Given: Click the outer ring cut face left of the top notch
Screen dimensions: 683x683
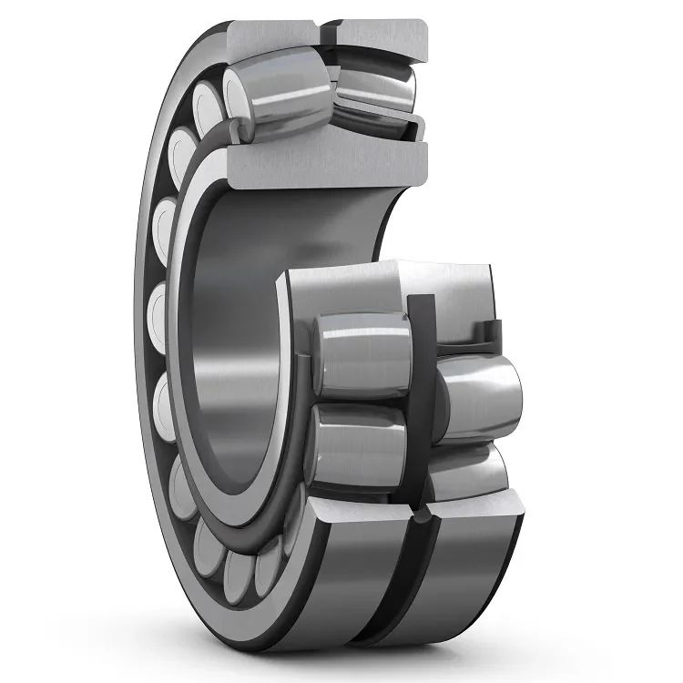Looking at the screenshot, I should [273, 36].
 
